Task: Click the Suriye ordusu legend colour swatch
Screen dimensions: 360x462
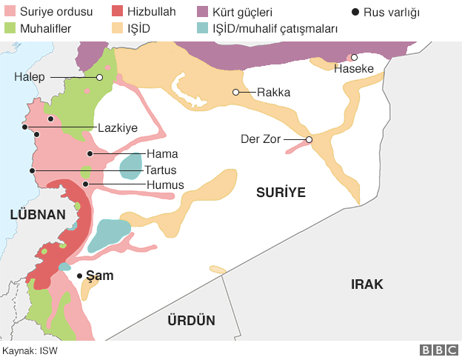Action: coord(9,13)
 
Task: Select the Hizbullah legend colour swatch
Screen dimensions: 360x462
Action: coord(116,13)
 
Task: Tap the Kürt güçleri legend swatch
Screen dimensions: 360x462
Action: coord(224,13)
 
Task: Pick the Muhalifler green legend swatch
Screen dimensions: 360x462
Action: coord(9,29)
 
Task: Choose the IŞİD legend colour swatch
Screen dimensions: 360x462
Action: coord(116,29)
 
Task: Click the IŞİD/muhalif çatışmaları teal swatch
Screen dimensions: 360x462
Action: coord(224,29)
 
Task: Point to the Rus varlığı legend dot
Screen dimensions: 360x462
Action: coord(355,13)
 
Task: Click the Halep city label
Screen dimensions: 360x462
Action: coord(30,77)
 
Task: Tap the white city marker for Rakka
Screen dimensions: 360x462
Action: coord(235,93)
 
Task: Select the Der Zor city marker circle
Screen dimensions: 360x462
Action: coord(309,139)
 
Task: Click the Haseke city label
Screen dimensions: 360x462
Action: coord(352,69)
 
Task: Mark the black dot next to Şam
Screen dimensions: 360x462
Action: coord(80,276)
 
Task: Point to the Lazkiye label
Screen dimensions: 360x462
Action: coord(118,127)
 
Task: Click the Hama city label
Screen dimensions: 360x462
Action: coord(161,154)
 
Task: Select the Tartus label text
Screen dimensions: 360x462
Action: coord(160,170)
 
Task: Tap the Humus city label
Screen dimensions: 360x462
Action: coord(164,184)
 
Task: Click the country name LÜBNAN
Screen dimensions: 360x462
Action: coord(37,214)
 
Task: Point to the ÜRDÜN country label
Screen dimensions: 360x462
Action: coord(190,321)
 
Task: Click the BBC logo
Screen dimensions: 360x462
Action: coord(438,350)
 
